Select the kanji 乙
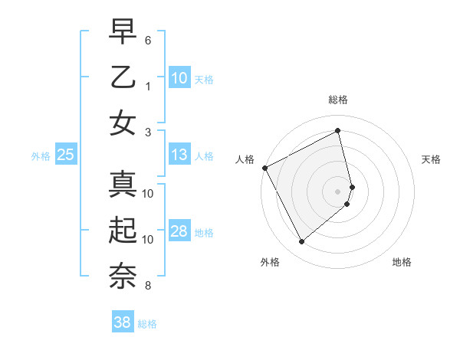point(123,77)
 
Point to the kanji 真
point(123,185)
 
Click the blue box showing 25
point(65,155)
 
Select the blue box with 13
point(179,155)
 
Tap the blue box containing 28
point(179,232)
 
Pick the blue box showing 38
point(122,323)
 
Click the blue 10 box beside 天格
point(179,78)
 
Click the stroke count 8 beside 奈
point(148,286)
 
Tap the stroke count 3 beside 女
point(148,132)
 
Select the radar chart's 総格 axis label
point(338,100)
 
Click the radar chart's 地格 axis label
point(402,262)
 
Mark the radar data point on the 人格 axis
point(264,168)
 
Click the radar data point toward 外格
point(301,241)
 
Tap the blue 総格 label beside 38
point(147,324)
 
